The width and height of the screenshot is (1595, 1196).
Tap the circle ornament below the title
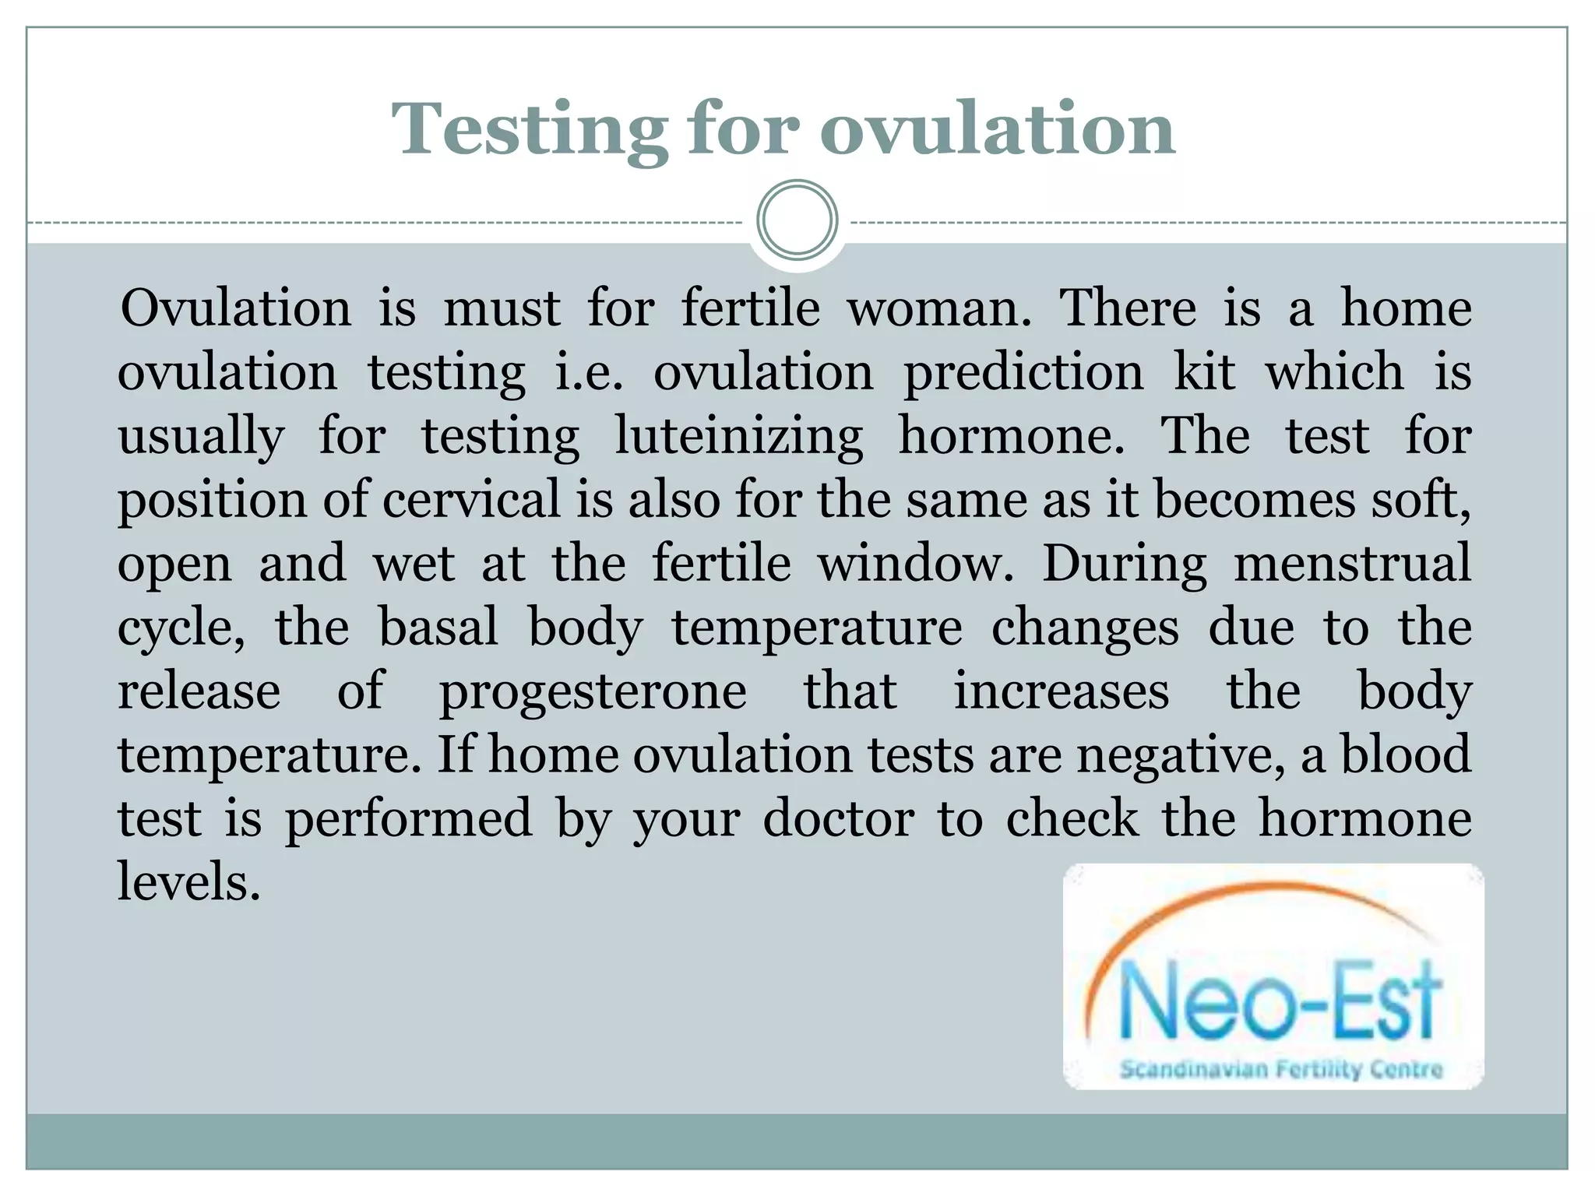tap(797, 220)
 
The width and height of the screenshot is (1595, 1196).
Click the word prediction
tap(1023, 372)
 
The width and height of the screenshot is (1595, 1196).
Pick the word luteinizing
tap(739, 436)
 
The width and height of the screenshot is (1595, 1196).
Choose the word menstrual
tap(1353, 563)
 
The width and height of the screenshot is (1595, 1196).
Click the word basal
tap(438, 627)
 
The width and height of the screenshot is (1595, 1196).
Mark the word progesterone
tap(593, 692)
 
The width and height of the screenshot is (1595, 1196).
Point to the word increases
tap(1062, 691)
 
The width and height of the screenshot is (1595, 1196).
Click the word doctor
tap(838, 819)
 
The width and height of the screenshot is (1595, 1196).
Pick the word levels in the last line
tap(188, 882)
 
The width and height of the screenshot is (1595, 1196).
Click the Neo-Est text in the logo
tap(1278, 1003)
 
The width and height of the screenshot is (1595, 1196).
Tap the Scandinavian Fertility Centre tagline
tap(1281, 1069)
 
